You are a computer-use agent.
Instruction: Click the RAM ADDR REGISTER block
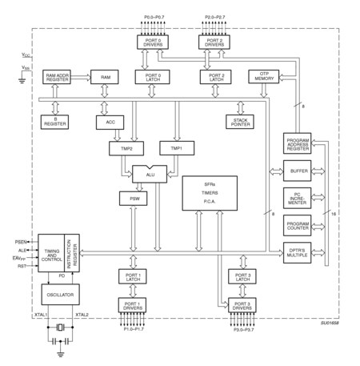pos(60,76)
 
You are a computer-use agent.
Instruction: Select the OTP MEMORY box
pos(262,76)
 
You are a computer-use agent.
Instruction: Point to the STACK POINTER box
pos(239,121)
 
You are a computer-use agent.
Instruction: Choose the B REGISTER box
pos(55,121)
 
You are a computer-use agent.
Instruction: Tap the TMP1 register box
pos(176,148)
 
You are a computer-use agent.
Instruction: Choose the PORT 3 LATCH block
pos(241,277)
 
